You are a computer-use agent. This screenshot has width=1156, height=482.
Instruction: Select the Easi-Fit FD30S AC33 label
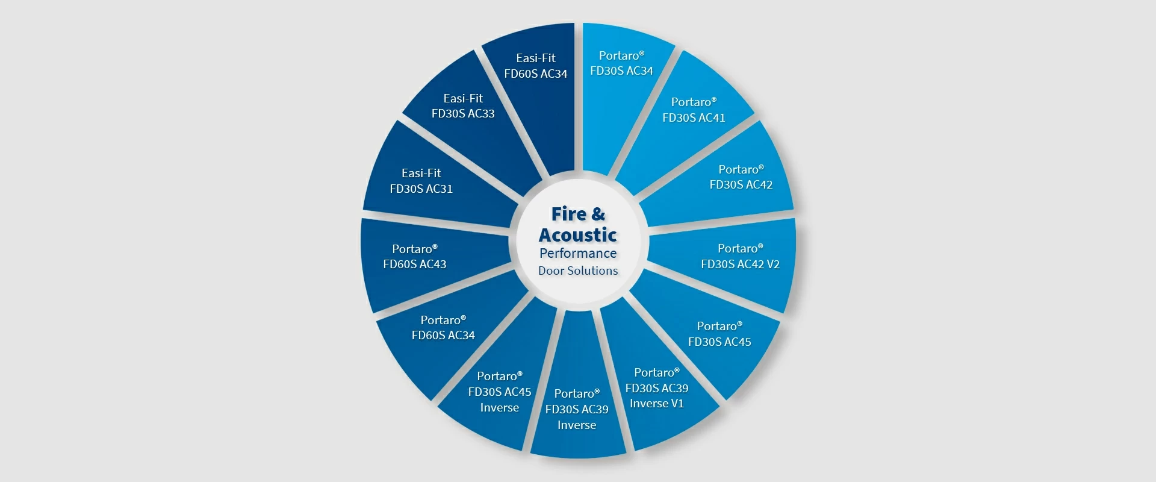[463, 106]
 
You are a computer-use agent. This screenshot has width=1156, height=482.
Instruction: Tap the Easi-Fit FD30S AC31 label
[421, 181]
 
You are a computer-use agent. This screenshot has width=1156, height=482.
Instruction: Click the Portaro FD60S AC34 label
[443, 328]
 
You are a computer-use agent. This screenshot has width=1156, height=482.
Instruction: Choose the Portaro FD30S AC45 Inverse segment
[494, 386]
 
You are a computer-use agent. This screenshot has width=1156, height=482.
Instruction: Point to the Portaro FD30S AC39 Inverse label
[577, 409]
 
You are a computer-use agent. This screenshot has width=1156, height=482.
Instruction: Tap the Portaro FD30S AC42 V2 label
[740, 256]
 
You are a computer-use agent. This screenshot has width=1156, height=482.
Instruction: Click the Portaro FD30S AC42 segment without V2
[732, 175]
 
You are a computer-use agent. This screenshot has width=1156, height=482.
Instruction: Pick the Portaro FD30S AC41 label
[694, 110]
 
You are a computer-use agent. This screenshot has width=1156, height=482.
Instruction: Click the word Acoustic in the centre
[578, 235]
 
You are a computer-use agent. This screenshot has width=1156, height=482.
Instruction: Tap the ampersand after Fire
[598, 214]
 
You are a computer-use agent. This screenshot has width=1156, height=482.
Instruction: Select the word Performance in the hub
[578, 254]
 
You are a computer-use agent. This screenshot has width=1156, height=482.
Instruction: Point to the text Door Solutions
[578, 271]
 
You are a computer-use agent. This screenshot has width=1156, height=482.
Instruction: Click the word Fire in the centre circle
[568, 214]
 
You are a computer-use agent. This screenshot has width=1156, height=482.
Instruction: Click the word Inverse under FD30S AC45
[500, 408]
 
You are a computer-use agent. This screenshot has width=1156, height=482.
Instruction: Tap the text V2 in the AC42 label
[773, 264]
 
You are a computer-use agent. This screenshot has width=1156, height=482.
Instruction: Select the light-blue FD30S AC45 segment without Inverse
[716, 337]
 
